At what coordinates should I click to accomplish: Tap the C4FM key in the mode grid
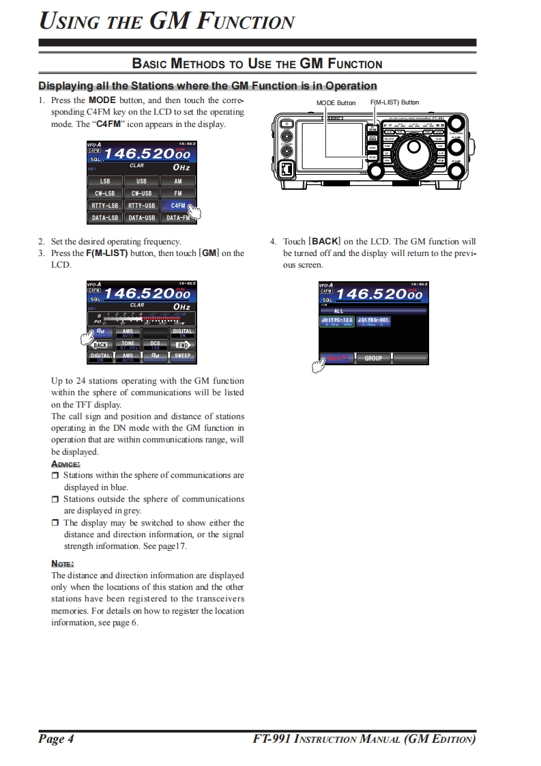coord(178,205)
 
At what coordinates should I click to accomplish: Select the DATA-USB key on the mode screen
coord(141,218)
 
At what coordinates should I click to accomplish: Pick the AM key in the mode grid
coord(178,182)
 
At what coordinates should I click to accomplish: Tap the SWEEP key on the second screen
coord(182,356)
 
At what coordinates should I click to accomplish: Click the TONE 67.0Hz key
coord(128,344)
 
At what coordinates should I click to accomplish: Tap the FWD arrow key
coord(182,345)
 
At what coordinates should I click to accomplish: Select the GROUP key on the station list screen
coord(373,358)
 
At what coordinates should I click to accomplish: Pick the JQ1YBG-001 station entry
coord(375,321)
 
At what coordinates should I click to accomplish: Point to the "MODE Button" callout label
coord(336,103)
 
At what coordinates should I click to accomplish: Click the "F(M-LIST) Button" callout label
coord(394,102)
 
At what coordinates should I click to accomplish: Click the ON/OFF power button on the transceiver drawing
coord(288,125)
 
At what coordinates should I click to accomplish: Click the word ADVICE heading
coord(65,464)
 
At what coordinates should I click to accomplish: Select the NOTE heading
coord(63,563)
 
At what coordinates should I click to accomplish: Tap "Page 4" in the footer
coord(56,739)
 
